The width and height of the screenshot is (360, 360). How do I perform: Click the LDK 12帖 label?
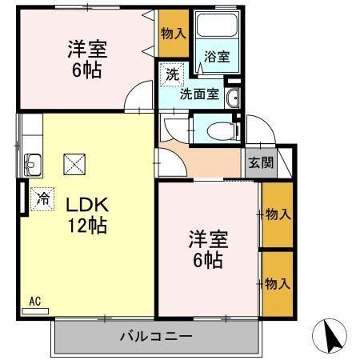pyautogui.click(x=80, y=214)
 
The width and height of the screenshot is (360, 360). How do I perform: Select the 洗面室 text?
pyautogui.click(x=198, y=94)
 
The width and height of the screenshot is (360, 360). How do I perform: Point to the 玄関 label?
pyautogui.click(x=259, y=162)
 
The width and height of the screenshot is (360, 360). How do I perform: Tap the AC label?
pyautogui.click(x=34, y=302)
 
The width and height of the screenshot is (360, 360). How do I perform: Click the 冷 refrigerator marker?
pyautogui.click(x=41, y=196)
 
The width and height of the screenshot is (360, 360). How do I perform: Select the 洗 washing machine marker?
pyautogui.click(x=172, y=74)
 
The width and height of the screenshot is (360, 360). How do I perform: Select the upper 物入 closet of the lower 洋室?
pyautogui.click(x=277, y=214)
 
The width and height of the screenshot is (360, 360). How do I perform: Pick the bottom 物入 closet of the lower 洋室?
pyautogui.click(x=277, y=284)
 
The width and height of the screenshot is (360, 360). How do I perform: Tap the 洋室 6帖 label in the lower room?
pyautogui.click(x=206, y=249)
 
